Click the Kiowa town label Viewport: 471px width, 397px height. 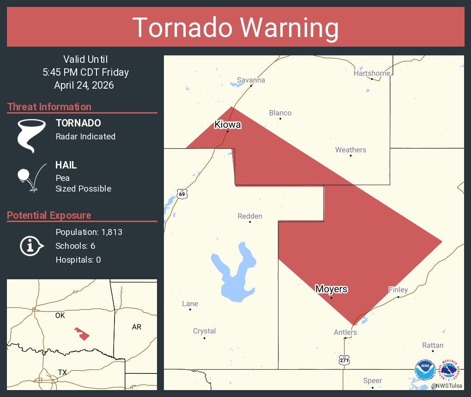tap(228, 125)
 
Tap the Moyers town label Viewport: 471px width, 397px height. tap(331, 289)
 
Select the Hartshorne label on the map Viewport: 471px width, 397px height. tap(372, 73)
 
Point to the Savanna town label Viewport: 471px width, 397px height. tap(251, 80)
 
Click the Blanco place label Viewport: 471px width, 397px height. tap(280, 113)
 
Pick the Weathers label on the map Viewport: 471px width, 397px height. tap(350, 150)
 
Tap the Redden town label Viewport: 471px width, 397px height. tap(250, 216)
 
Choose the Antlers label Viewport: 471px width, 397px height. tap(345, 332)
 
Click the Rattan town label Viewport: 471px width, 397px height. tap(433, 345)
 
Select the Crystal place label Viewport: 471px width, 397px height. tap(205, 331)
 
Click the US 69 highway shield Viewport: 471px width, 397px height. tap(182, 194)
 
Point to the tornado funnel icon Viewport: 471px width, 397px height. tap(31, 136)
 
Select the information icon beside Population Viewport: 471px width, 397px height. tap(31, 246)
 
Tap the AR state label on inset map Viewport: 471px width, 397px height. tap(137, 327)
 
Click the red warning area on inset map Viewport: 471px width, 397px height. tap(82, 333)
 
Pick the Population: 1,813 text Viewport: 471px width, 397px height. tap(89, 232)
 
